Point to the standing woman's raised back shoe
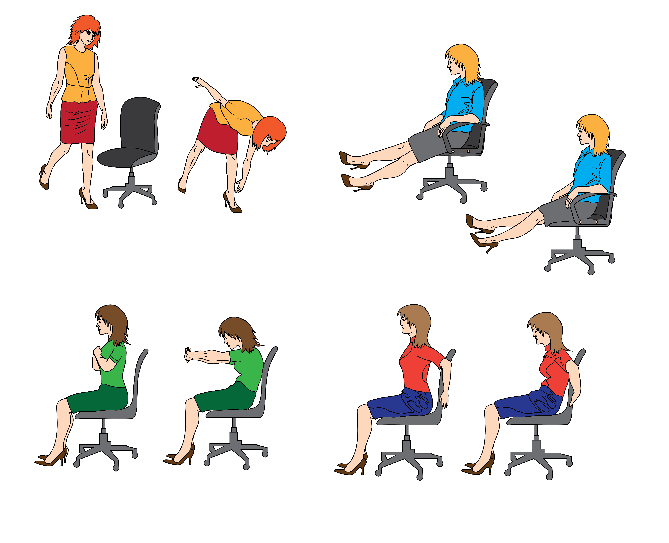click(44, 178)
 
